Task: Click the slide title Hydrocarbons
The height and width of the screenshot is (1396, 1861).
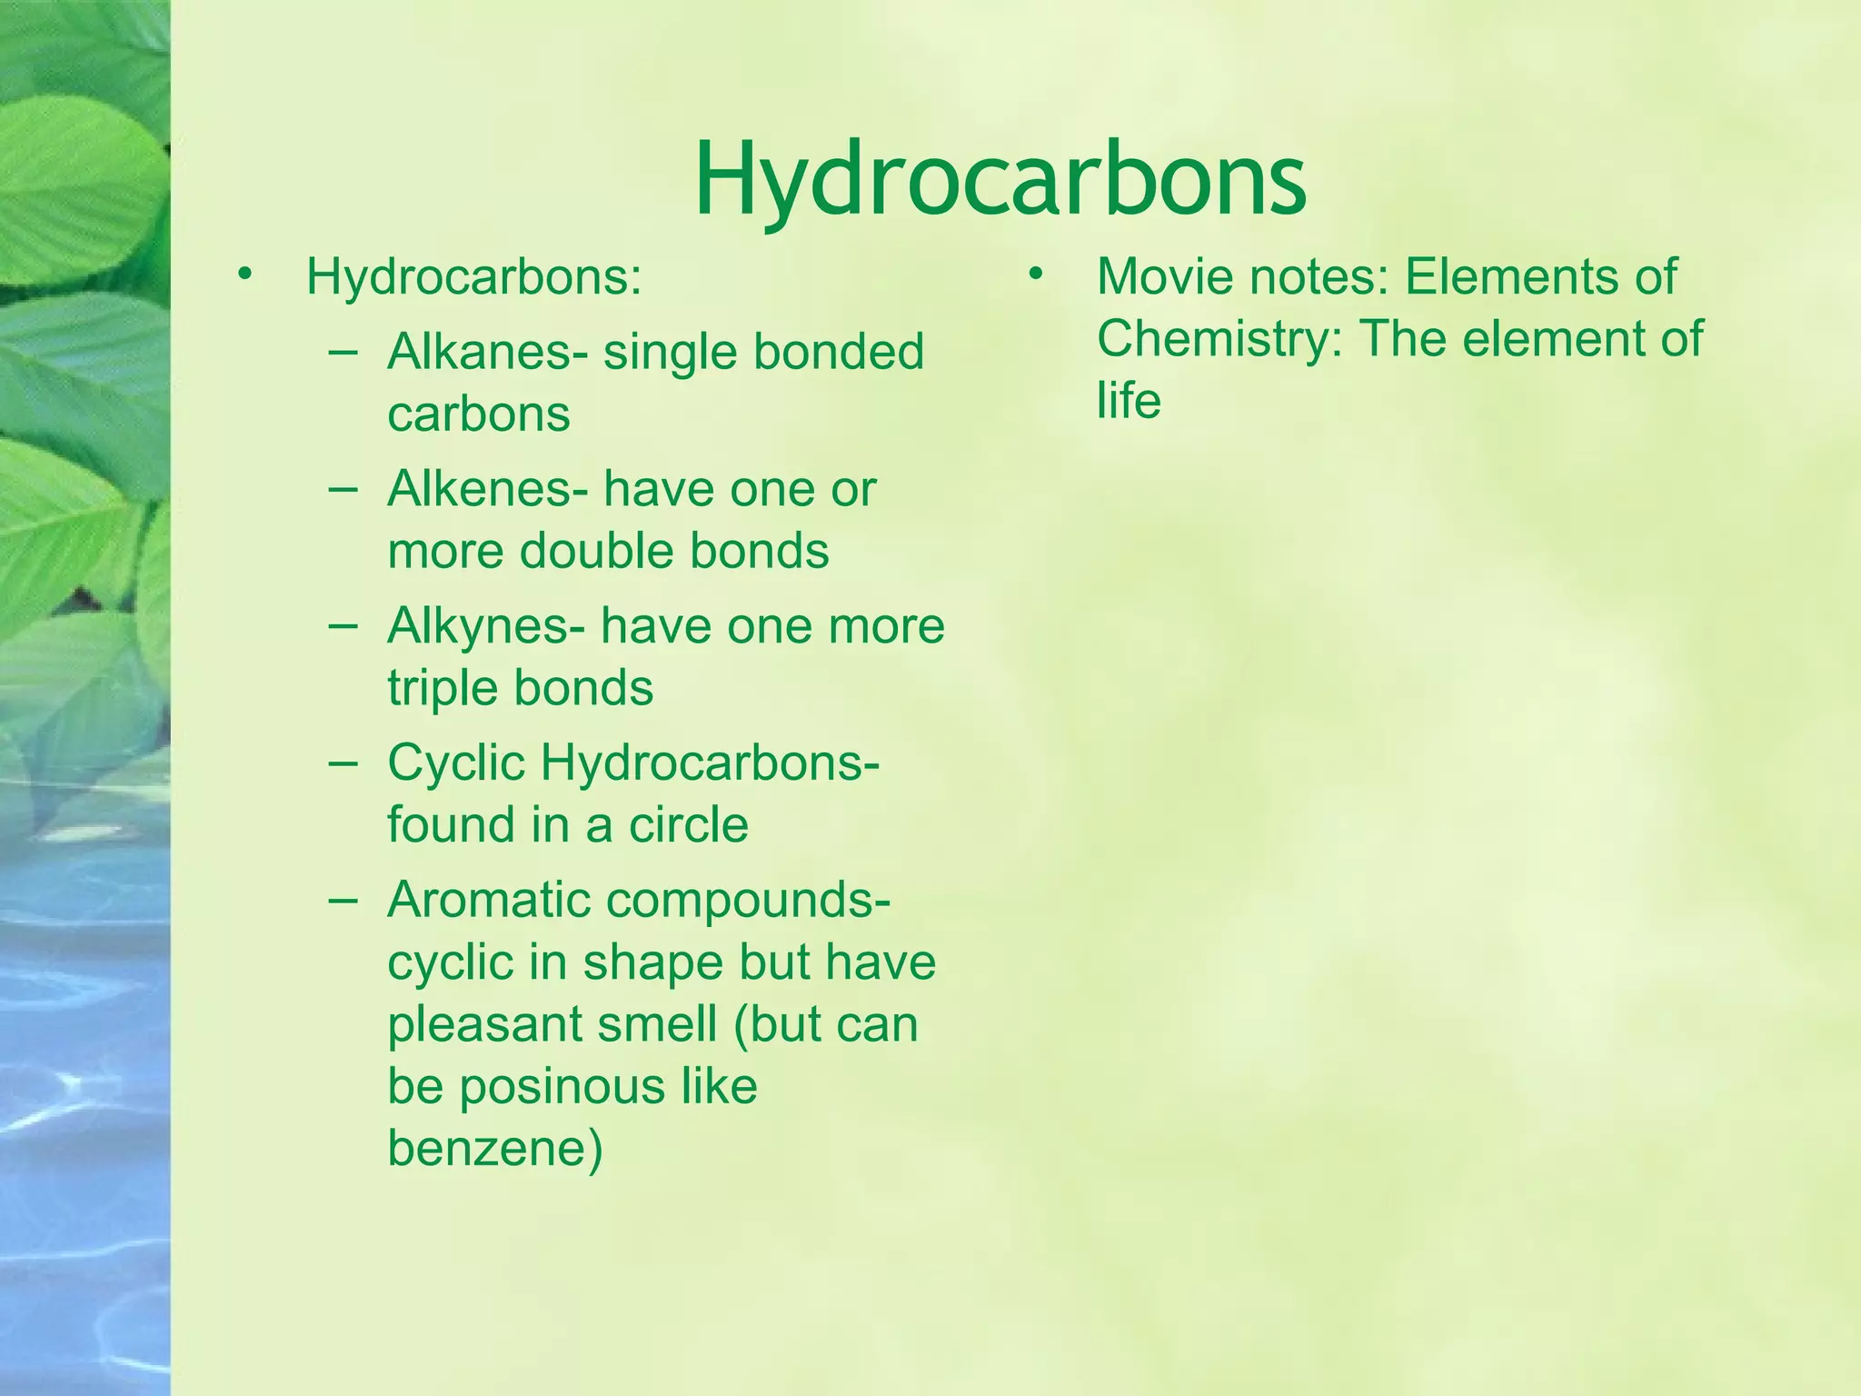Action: click(x=1000, y=181)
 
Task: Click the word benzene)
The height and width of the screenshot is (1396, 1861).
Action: click(x=495, y=1148)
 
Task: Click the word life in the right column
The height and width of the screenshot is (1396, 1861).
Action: click(x=1129, y=401)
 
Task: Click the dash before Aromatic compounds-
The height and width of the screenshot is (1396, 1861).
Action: click(x=343, y=899)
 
